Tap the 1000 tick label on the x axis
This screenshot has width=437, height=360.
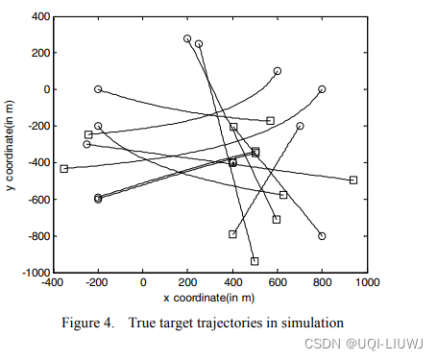tap(366, 283)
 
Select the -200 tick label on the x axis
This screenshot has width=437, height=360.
tap(97, 283)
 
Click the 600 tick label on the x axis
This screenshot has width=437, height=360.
tap(277, 283)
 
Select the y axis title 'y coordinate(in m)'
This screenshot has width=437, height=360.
tap(10, 144)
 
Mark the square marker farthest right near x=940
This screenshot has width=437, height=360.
tap(353, 180)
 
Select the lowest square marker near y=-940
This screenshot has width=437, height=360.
tap(255, 261)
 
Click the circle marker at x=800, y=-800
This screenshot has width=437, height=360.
tap(322, 236)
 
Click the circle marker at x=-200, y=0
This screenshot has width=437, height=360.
tap(98, 89)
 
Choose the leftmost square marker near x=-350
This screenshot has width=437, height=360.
tap(64, 169)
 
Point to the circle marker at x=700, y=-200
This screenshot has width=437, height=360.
tap(300, 126)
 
